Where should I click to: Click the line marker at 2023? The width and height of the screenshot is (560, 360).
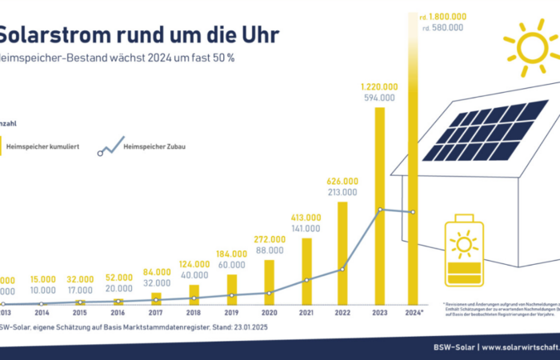tap(380, 210)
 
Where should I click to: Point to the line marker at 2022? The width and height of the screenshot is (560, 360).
tap(342, 270)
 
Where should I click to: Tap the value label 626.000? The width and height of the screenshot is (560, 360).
tap(342, 181)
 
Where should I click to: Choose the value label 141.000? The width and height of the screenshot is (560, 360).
tap(306, 229)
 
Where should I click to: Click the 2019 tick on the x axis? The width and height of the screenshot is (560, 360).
tap(231, 312)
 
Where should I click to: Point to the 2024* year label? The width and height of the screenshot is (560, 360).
tap(414, 312)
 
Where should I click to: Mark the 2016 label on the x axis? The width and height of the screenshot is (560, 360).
tap(118, 312)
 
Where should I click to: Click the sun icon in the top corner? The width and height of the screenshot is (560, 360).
tap(532, 46)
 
